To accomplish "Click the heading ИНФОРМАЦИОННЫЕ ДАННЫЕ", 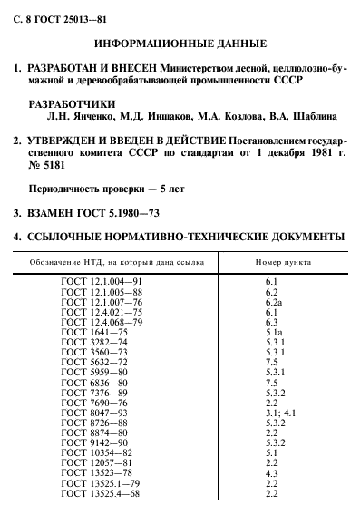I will tap(180, 43).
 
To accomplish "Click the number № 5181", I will tap(53, 169).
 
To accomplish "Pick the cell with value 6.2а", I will tap(270, 302).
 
